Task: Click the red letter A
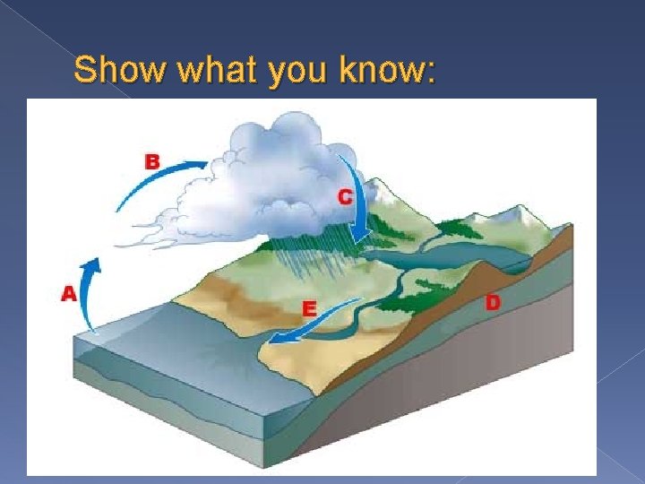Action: tap(68, 293)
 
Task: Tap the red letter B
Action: tap(153, 162)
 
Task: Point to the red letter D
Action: tap(492, 303)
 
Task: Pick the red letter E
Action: tap(308, 308)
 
